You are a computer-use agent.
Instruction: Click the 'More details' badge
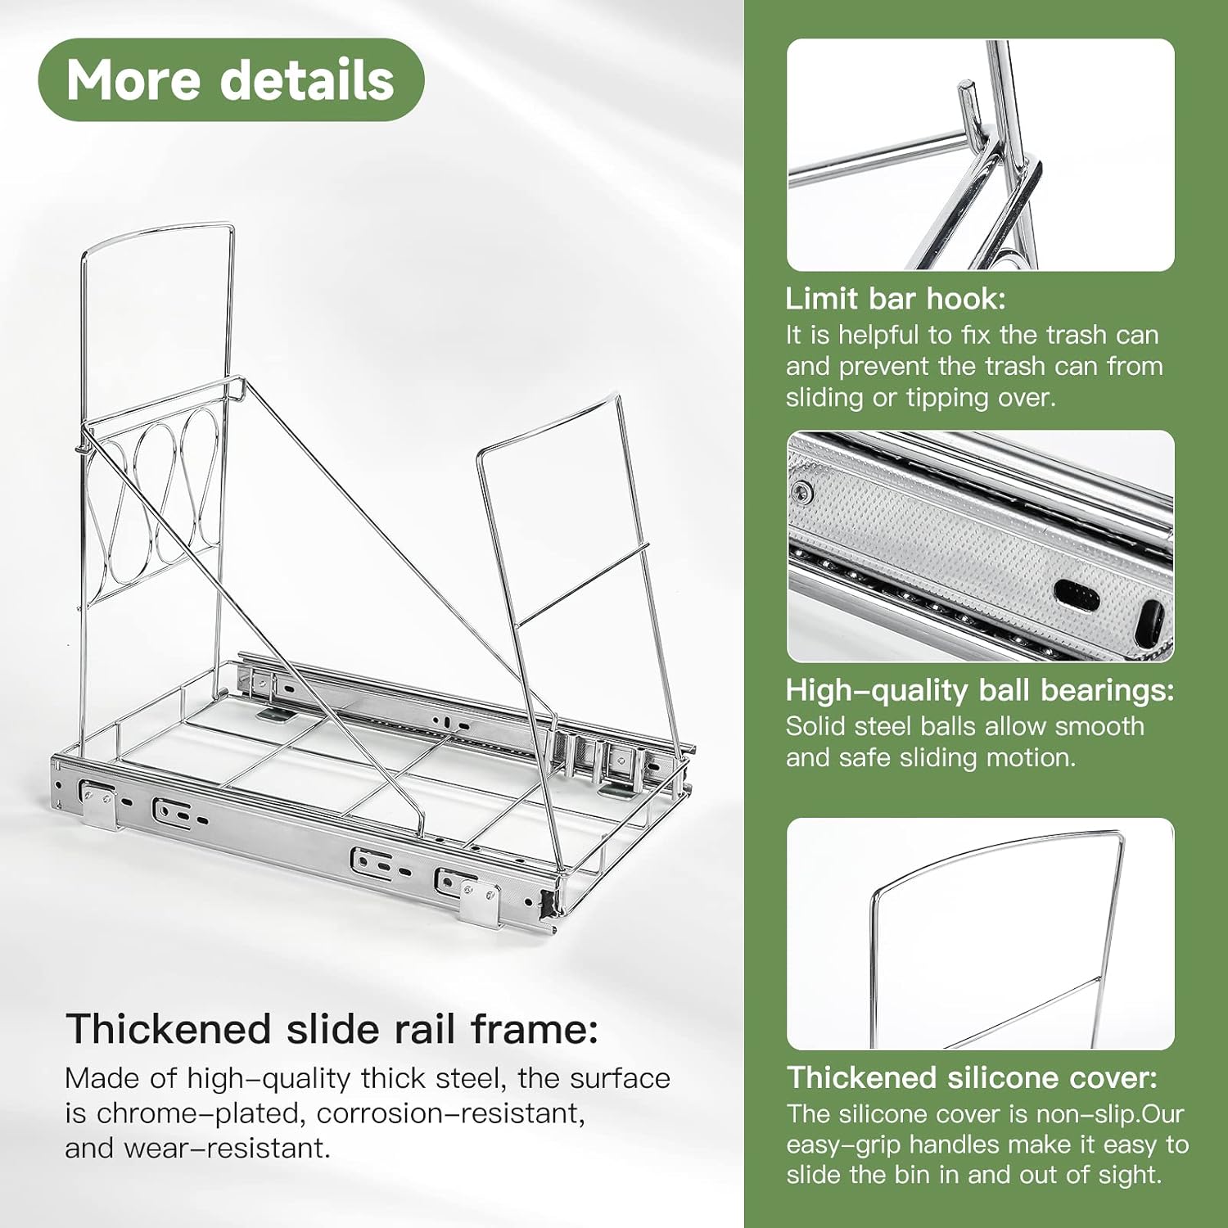231,80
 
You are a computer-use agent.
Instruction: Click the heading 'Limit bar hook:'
896,299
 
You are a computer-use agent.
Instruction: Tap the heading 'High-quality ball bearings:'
980,691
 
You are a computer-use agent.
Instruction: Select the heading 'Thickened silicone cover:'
973,1077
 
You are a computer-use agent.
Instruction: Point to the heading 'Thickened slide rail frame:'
332,1029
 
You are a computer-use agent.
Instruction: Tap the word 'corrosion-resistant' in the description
450,1113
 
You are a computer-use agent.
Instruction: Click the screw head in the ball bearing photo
803,492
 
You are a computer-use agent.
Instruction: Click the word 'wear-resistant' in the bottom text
226,1149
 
